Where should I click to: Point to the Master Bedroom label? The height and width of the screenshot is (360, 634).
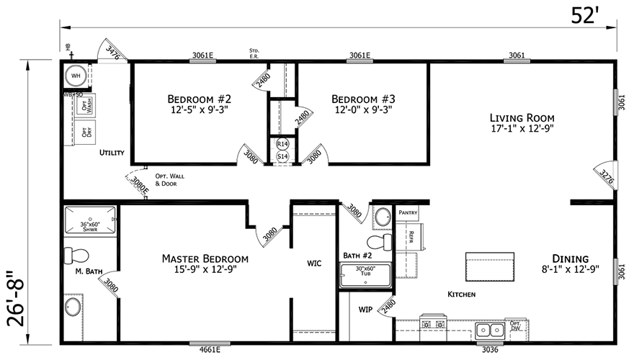[205, 264]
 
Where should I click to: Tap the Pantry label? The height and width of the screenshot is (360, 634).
[408, 213]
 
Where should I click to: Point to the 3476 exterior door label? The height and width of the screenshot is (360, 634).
[112, 50]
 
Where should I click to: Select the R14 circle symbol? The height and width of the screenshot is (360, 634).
[282, 144]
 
